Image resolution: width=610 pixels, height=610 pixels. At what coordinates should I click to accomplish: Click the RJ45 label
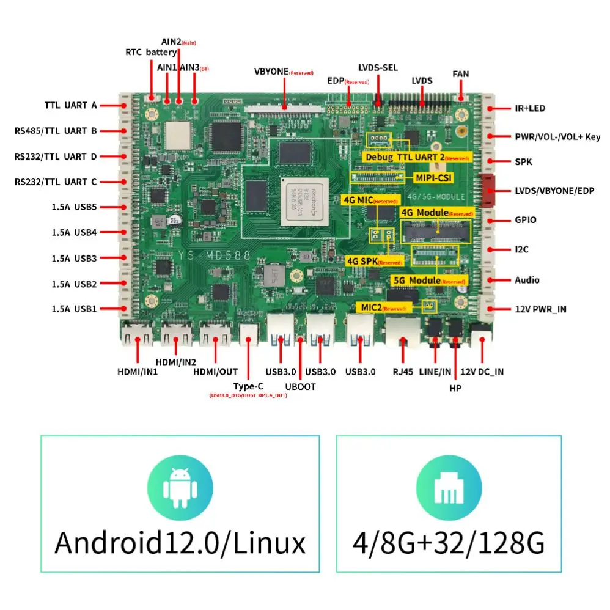pyautogui.click(x=403, y=371)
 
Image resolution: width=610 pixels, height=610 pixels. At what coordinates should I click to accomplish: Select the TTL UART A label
pyautogui.click(x=70, y=105)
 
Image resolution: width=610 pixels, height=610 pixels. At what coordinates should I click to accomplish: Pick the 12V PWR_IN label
pyautogui.click(x=540, y=309)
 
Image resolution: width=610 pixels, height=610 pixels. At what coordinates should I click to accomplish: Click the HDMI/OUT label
pyautogui.click(x=215, y=371)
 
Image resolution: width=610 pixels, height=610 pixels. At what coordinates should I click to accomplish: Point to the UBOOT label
pyautogui.click(x=300, y=386)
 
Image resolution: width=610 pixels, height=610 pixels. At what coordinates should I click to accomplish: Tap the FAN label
pyautogui.click(x=460, y=74)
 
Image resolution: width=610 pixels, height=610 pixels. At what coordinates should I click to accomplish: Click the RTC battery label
pyautogui.click(x=151, y=53)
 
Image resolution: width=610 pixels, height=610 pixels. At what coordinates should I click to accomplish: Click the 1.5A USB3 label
pyautogui.click(x=75, y=259)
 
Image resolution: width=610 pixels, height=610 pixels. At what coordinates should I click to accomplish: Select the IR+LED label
pyautogui.click(x=529, y=109)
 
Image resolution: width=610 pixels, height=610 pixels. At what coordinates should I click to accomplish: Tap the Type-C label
pyautogui.click(x=248, y=386)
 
